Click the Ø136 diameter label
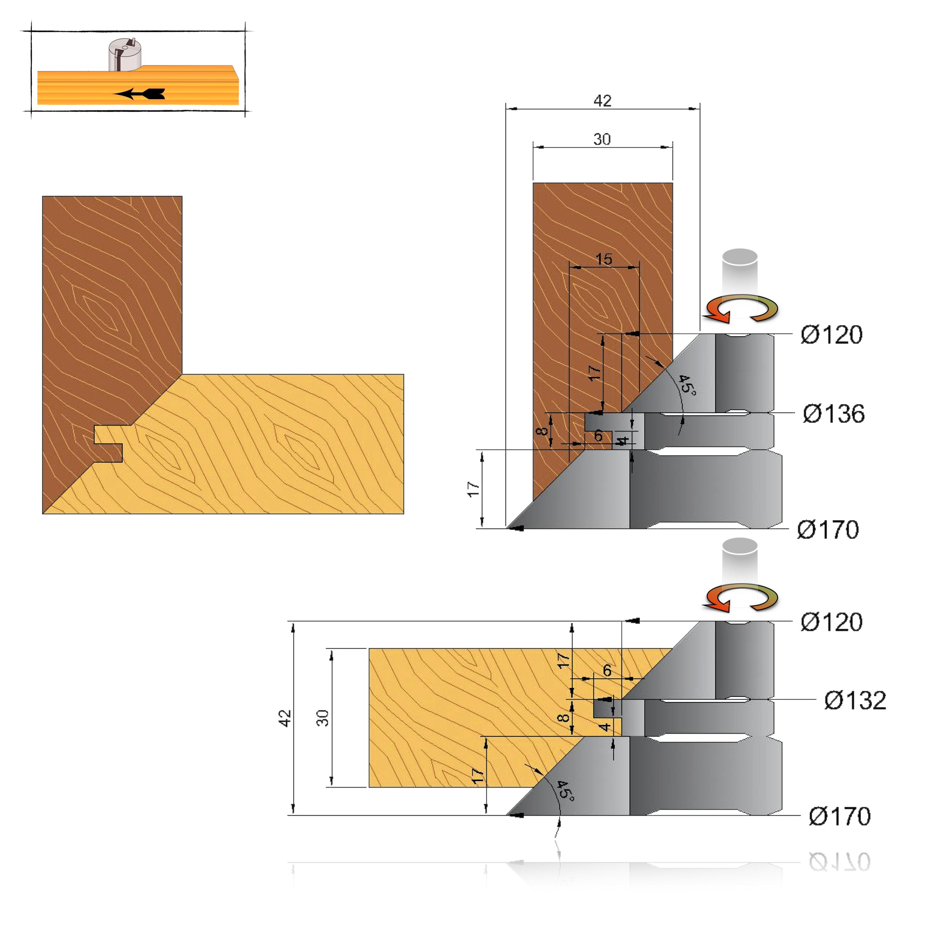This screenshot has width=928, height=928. tap(833, 414)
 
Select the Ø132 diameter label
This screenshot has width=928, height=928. tap(855, 701)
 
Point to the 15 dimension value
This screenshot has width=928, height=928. tap(604, 259)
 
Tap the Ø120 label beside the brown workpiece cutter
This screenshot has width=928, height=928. tap(831, 334)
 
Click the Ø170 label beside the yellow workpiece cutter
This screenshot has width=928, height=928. tap(840, 816)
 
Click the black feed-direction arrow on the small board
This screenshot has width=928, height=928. tap(139, 94)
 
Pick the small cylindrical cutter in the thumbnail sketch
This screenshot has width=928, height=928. tap(125, 54)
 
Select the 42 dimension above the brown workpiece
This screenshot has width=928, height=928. tap(602, 101)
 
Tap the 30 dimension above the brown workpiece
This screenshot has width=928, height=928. tap(602, 139)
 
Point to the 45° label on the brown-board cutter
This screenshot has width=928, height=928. tap(687, 385)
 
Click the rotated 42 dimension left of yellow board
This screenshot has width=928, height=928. tap(285, 718)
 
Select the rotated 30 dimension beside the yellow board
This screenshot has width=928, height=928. tap(323, 718)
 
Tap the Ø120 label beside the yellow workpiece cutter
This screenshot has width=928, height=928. tap(831, 622)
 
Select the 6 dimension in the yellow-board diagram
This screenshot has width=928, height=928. tap(607, 670)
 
